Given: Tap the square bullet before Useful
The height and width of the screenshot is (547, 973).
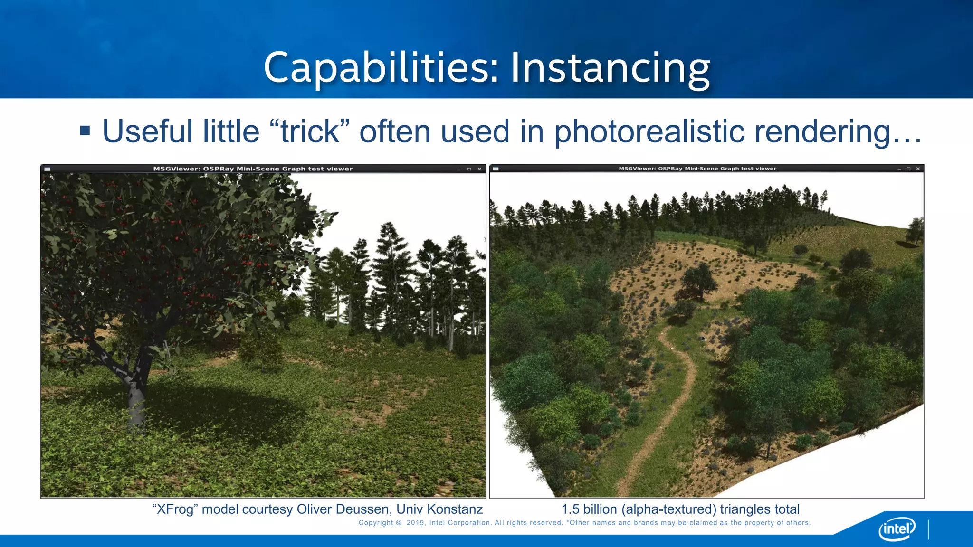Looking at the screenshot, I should click(x=85, y=131).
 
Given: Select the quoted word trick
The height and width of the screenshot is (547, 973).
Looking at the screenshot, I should click(x=310, y=132).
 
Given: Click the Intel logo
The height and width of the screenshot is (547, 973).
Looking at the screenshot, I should click(x=897, y=528).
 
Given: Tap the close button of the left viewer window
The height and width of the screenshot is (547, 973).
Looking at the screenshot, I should click(x=479, y=169).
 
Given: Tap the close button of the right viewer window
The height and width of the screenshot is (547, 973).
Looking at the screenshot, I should click(x=918, y=169).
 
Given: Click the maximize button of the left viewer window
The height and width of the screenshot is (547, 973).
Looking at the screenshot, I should click(x=469, y=169).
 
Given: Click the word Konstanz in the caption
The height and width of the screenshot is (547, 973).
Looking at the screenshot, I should click(x=455, y=509).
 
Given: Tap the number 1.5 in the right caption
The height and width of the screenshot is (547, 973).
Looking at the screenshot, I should click(x=570, y=509).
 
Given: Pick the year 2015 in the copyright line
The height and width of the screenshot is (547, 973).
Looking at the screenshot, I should click(x=416, y=523).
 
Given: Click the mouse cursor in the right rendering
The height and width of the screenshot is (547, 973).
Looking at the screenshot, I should click(x=703, y=338).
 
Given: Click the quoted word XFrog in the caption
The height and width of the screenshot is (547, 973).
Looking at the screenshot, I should click(x=174, y=509).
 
